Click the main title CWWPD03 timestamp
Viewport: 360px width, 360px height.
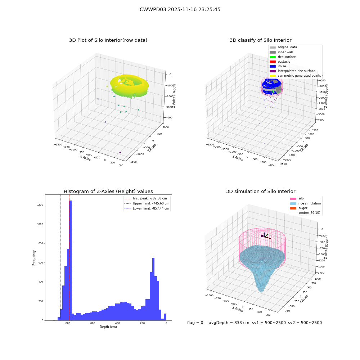(180, 9)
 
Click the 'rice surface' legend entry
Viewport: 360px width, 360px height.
(283, 57)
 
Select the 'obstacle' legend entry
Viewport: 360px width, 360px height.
(280, 62)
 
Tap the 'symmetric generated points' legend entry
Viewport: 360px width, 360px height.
(295, 76)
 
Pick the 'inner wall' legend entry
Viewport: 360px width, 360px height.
(281, 52)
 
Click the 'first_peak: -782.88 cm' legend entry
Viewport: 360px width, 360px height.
(145, 198)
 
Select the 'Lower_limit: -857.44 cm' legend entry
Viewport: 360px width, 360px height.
(147, 208)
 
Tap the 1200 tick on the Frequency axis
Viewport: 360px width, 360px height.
(40, 205)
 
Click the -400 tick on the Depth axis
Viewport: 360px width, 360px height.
(117, 323)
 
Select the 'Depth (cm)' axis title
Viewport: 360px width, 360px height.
(108, 327)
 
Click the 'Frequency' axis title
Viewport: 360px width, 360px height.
(34, 258)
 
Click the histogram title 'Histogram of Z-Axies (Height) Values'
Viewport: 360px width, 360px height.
(108, 191)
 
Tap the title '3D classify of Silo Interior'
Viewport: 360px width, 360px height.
(261, 40)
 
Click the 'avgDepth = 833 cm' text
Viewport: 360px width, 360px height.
(229, 323)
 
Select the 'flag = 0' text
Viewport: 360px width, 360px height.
(195, 323)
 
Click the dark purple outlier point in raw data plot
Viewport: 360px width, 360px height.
(120, 152)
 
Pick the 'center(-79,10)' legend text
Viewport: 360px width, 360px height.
(310, 213)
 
